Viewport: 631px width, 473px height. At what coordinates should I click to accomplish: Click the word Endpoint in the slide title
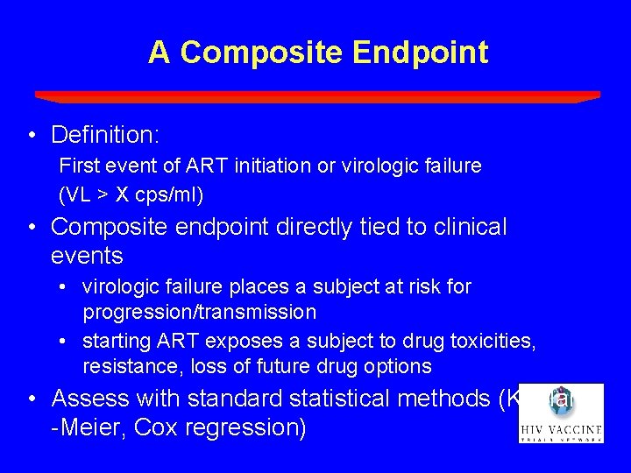pyautogui.click(x=421, y=53)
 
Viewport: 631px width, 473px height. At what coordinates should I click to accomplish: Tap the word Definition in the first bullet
pyautogui.click(x=102, y=135)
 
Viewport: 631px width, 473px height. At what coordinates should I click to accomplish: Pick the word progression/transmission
pyautogui.click(x=200, y=313)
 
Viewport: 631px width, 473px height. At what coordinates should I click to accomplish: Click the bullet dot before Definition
pyautogui.click(x=32, y=136)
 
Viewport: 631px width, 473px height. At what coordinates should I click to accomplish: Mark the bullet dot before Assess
pyautogui.click(x=32, y=399)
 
